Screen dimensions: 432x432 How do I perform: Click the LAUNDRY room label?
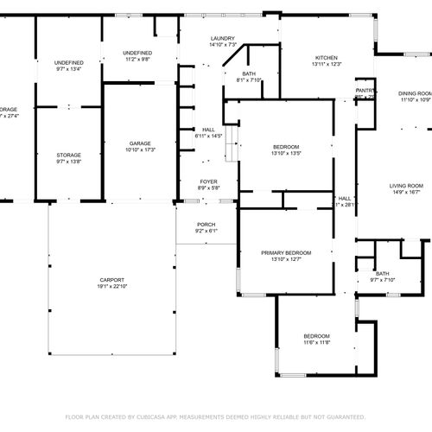(223, 38)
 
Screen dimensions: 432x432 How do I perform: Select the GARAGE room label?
(141, 143)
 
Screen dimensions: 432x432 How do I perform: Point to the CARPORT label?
(111, 280)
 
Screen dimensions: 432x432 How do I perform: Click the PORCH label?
(206, 225)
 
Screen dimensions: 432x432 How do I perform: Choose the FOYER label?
(209, 181)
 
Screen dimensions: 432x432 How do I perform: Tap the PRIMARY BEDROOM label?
(285, 252)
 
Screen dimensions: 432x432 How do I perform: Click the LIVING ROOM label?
(406, 186)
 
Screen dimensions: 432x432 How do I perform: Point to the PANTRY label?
(365, 90)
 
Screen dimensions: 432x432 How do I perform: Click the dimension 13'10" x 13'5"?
(285, 153)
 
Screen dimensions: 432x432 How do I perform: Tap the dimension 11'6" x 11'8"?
(316, 342)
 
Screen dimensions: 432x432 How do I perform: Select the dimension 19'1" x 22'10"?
(111, 287)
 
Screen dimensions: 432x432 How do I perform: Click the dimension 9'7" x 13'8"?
(68, 162)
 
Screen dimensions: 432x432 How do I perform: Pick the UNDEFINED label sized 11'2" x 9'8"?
(137, 53)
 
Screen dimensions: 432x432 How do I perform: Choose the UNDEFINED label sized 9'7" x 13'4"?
(68, 63)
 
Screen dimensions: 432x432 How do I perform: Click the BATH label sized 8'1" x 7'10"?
(249, 73)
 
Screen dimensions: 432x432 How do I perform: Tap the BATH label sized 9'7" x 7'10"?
(382, 273)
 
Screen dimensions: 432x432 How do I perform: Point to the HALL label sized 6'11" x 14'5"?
(209, 130)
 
